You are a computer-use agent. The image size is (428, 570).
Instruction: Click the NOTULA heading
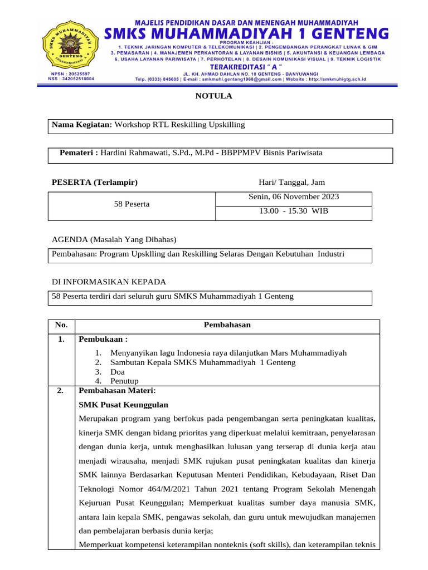click(213, 96)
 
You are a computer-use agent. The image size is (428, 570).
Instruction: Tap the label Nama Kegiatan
click(82, 125)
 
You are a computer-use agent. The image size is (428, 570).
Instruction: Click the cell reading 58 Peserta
click(132, 204)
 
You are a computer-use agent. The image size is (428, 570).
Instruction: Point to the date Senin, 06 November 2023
click(293, 197)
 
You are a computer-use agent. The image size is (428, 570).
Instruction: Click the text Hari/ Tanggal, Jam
click(291, 182)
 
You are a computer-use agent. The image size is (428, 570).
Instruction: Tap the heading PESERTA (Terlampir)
click(95, 182)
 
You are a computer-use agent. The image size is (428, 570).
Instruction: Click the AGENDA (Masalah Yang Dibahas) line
click(114, 239)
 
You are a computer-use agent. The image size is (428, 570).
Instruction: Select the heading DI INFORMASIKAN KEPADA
click(109, 282)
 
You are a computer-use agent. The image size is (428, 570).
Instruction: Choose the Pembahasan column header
click(227, 325)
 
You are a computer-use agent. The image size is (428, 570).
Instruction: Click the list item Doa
click(118, 372)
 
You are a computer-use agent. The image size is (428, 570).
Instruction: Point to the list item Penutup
click(124, 381)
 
